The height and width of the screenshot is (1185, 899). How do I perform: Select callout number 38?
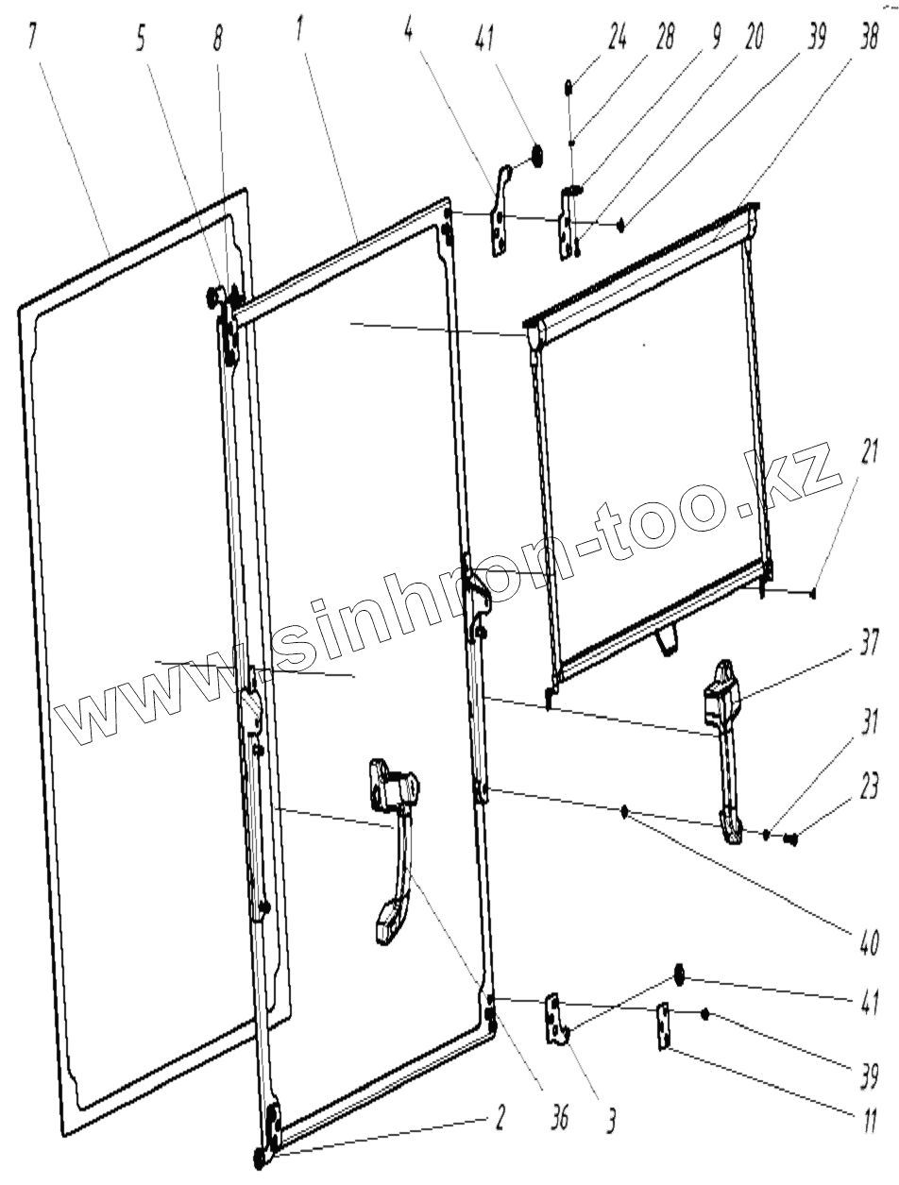coord(867,40)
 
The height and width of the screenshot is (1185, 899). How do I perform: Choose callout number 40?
coord(867,940)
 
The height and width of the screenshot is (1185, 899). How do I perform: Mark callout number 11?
coord(867,1120)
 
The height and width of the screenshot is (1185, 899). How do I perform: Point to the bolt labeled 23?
coord(791,837)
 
